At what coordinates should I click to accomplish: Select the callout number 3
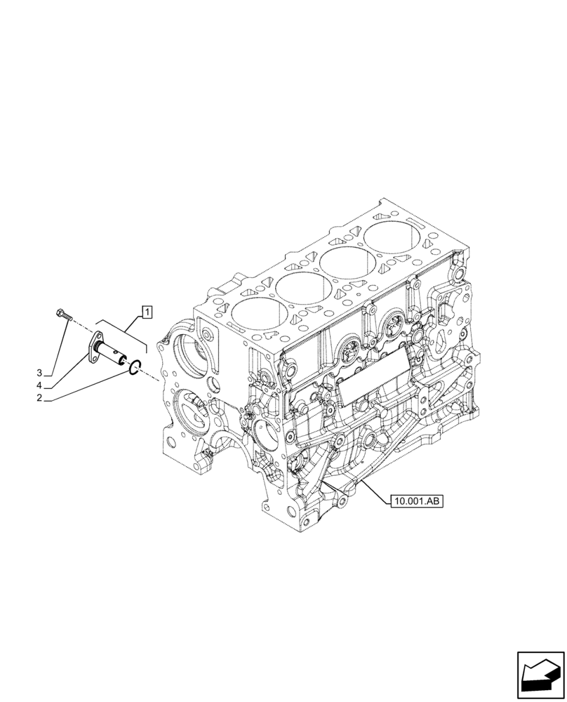tap(40, 373)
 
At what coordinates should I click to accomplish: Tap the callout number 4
tap(40, 385)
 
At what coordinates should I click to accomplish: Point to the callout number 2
tap(40, 398)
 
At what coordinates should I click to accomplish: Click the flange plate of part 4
tap(94, 349)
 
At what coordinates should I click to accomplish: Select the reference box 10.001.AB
tap(414, 501)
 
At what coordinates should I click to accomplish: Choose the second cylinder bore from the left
tap(300, 286)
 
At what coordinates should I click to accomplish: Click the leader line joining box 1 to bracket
tap(134, 322)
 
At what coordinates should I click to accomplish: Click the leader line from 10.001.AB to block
tap(365, 491)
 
